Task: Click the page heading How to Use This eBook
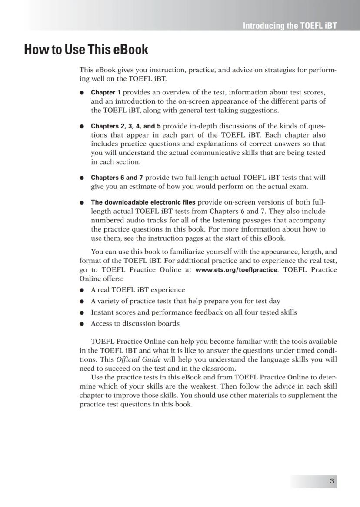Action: [x=86, y=50]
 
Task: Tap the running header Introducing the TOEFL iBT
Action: [x=290, y=26]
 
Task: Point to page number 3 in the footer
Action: [x=332, y=481]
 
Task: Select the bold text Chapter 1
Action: [x=106, y=92]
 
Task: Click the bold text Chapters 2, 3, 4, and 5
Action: [x=126, y=126]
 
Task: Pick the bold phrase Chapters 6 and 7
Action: [x=117, y=178]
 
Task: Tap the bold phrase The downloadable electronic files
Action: [x=143, y=202]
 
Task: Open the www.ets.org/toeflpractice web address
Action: [x=236, y=270]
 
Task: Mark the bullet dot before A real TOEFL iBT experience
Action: [x=82, y=290]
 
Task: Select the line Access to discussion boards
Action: [x=135, y=323]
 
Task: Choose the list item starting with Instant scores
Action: [x=193, y=312]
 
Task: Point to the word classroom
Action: [x=219, y=369]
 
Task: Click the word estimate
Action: [x=128, y=187]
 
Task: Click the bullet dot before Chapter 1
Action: [x=82, y=93]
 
